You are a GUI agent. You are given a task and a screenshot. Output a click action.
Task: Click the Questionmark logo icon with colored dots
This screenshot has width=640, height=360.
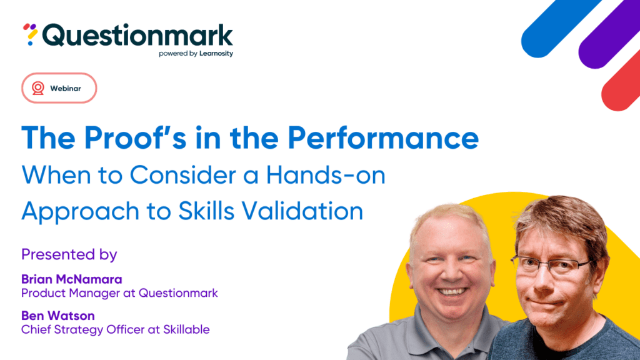click(x=30, y=34)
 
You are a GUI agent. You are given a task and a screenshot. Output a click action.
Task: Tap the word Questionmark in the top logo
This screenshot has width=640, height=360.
click(x=137, y=36)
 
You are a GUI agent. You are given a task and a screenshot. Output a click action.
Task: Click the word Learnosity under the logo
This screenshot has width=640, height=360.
click(x=216, y=54)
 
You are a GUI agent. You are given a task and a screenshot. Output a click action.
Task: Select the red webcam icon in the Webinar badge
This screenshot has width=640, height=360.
click(x=38, y=88)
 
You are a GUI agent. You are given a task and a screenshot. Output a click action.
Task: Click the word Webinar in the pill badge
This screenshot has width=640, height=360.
click(x=66, y=89)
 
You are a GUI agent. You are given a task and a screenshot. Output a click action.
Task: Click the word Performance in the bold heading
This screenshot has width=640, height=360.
click(x=383, y=138)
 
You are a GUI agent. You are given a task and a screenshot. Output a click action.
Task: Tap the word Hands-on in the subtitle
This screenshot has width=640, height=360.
click(x=326, y=175)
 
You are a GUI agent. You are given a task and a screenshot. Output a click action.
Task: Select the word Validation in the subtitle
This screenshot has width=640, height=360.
click(x=302, y=211)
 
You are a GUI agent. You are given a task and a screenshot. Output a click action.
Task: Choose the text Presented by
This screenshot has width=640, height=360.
click(x=69, y=255)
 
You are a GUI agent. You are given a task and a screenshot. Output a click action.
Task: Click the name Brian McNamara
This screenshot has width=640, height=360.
click(x=72, y=279)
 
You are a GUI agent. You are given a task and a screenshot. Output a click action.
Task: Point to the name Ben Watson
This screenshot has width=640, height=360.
click(x=58, y=316)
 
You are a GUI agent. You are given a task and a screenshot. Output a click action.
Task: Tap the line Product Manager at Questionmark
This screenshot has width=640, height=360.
click(x=119, y=293)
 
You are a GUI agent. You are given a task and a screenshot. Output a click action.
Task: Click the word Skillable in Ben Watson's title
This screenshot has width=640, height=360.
click(x=186, y=329)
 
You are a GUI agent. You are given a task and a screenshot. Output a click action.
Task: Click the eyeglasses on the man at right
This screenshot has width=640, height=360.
click(x=551, y=264)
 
